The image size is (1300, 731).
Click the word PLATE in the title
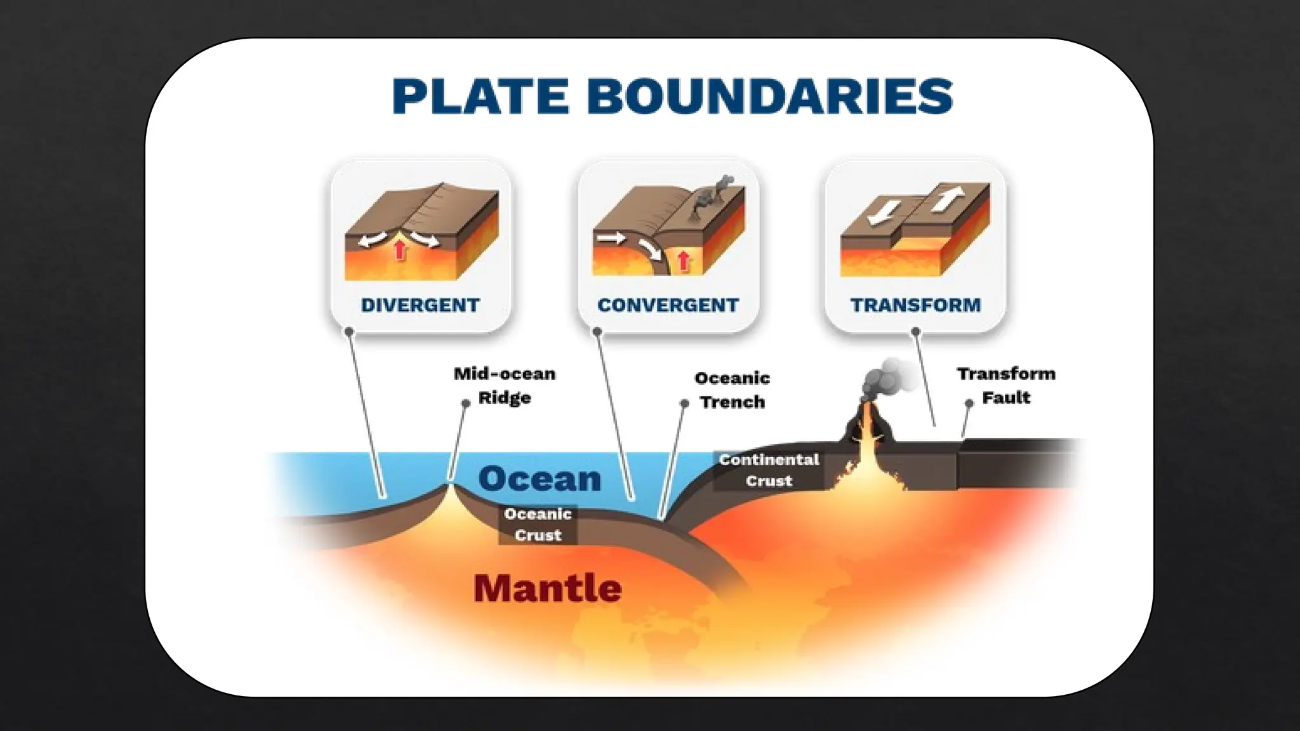(480, 96)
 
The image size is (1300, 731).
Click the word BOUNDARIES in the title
(769, 96)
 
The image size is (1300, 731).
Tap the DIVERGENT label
(420, 305)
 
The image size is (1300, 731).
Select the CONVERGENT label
(668, 305)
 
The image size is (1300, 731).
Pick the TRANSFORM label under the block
(915, 305)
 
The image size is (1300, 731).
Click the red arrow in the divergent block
(399, 249)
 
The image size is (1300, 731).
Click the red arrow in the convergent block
(683, 260)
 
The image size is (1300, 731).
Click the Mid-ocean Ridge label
(505, 385)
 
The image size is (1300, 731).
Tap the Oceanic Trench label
(732, 390)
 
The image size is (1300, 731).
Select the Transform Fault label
(1006, 385)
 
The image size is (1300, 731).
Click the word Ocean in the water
(540, 478)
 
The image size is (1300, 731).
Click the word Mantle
(547, 588)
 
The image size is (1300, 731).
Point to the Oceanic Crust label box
(538, 524)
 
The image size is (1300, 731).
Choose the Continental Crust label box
(769, 470)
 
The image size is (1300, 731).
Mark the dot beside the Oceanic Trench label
(684, 403)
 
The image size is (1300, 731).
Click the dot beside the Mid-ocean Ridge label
(465, 403)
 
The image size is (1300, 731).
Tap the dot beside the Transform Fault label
(969, 403)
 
